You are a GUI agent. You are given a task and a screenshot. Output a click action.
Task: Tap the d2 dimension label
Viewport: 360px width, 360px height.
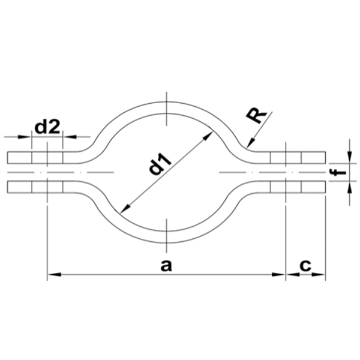pos(47,127)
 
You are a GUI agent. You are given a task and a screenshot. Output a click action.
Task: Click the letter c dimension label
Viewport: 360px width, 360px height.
pos(305,265)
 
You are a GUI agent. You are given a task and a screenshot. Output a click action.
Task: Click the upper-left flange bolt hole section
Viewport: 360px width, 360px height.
pos(47,158)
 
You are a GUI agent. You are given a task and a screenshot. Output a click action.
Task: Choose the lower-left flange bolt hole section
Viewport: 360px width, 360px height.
pos(47,187)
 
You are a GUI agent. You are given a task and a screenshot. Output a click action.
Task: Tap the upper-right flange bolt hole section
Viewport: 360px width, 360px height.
pos(286,158)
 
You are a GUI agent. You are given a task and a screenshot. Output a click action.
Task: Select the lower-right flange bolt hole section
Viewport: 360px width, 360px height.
pos(286,187)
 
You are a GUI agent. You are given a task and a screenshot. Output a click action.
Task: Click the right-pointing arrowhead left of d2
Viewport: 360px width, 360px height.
pos(27,137)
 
